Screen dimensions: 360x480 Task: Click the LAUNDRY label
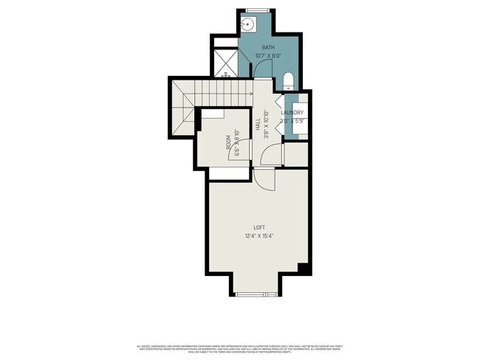click(x=292, y=113)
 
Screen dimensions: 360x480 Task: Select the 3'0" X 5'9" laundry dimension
click(x=292, y=120)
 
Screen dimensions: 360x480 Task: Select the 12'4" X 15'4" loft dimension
click(x=259, y=236)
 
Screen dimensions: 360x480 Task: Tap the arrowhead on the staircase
click(x=252, y=93)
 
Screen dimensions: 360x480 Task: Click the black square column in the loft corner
click(x=302, y=267)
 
